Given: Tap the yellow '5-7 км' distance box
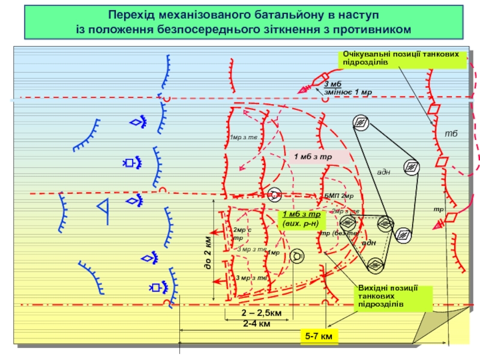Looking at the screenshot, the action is tap(319, 338).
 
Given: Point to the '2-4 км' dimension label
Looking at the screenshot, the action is tap(256, 324).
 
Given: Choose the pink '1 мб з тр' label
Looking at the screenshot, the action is tap(313, 157).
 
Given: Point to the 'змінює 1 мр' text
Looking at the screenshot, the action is tap(348, 92).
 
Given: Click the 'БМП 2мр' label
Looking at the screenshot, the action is tap(339, 196).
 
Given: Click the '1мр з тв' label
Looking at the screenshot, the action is tap(242, 138).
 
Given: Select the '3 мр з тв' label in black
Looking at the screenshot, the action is tap(251, 278).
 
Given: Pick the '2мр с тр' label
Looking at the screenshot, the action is tap(241, 233).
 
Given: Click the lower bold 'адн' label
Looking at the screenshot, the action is tap(368, 242).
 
